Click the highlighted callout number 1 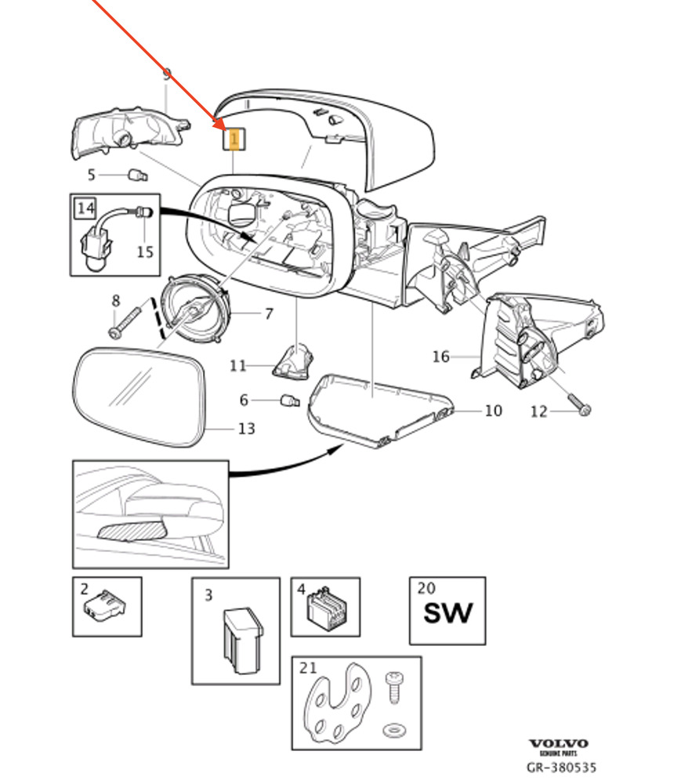pos(234,140)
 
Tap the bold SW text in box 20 pos(447,612)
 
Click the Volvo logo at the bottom pos(558,743)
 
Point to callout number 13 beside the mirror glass pos(246,429)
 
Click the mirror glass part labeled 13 pos(141,396)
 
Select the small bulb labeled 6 pos(290,402)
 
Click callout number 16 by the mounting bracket pos(441,358)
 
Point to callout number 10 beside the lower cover pos(493,410)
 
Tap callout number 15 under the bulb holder pos(146,252)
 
